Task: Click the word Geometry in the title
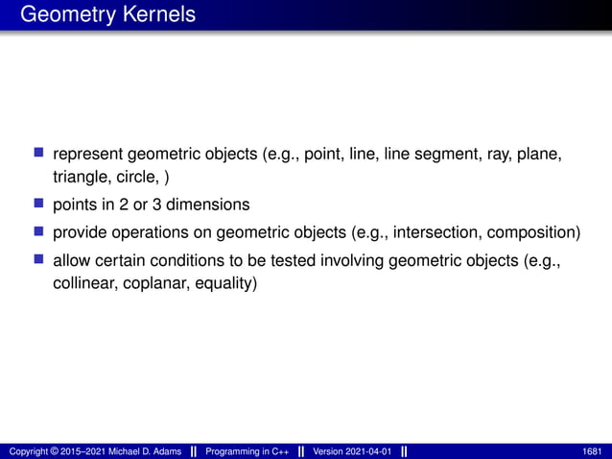[65, 15]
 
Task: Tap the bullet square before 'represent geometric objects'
[39, 153]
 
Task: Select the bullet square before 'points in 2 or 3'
[39, 204]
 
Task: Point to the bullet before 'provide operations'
[39, 231]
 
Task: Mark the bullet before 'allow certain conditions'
[39, 259]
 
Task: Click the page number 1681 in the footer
[593, 451]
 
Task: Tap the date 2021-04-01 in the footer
[370, 451]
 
